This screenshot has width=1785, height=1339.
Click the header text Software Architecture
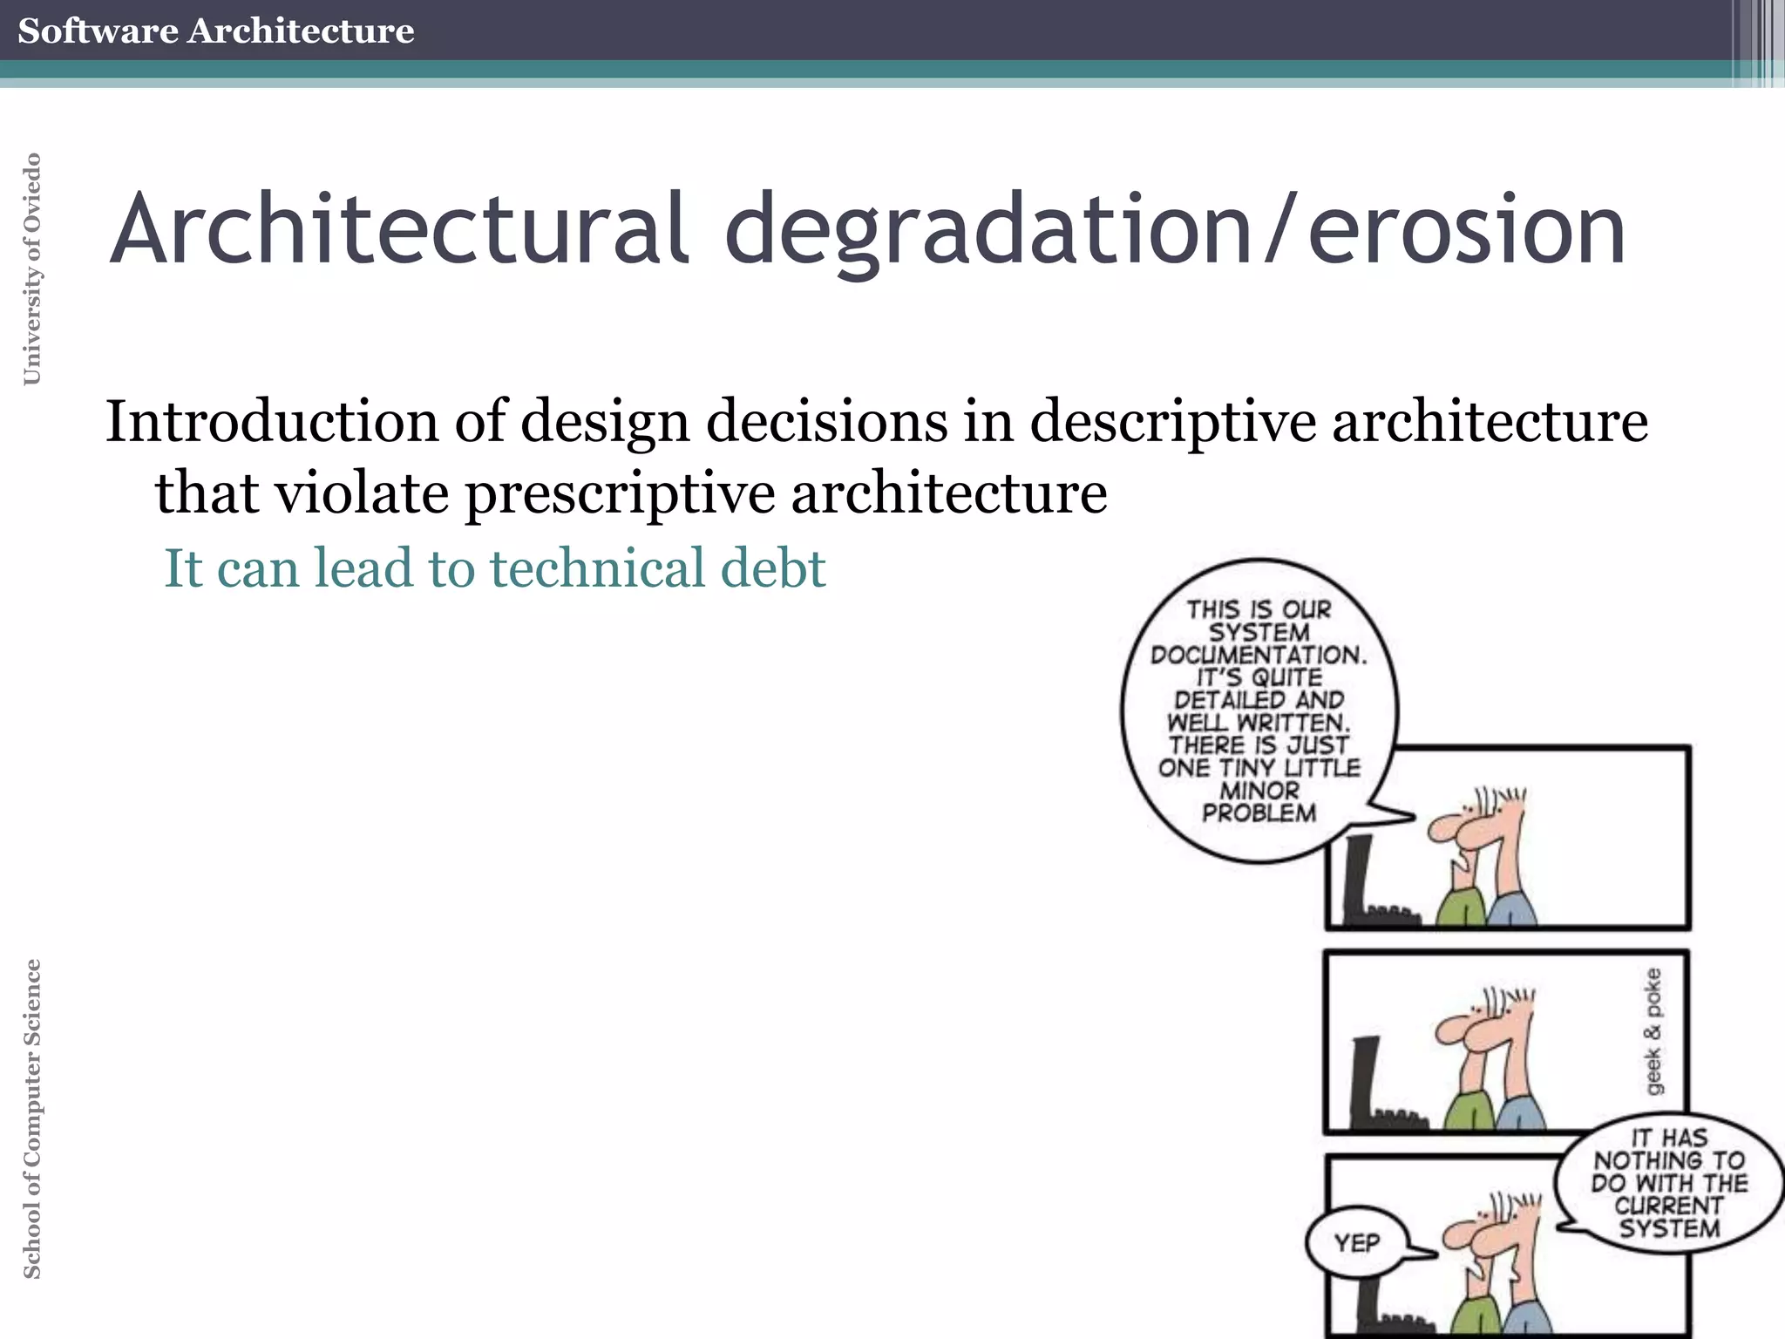[215, 31]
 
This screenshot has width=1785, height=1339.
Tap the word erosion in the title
[1466, 229]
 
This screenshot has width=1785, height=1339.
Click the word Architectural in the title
[399, 229]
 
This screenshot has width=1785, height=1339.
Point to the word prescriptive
[620, 493]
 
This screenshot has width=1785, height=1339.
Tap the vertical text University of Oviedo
[31, 268]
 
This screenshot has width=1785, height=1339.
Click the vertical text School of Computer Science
[31, 1118]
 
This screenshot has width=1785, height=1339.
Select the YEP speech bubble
[1356, 1242]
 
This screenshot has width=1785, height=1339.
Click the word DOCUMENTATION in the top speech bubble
[1259, 655]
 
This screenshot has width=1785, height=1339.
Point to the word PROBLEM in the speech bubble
[1259, 813]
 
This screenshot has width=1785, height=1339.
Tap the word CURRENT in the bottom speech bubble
[1668, 1206]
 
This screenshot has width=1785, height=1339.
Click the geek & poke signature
[1653, 1030]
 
